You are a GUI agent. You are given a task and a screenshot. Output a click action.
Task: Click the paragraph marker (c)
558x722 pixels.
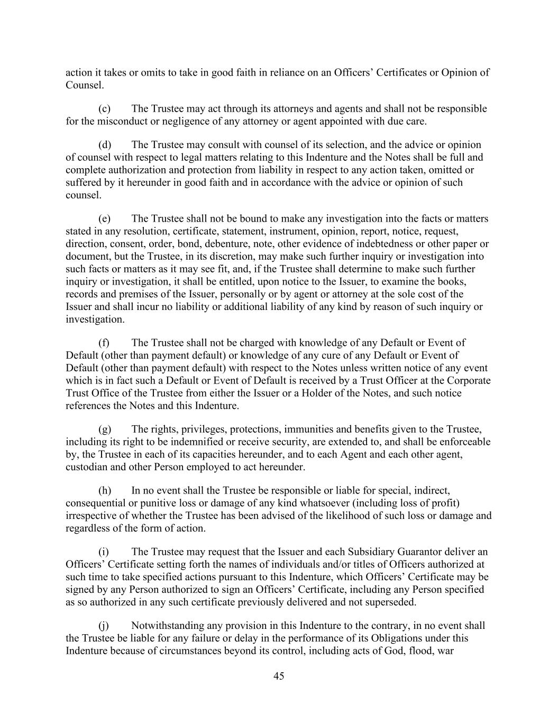(104, 109)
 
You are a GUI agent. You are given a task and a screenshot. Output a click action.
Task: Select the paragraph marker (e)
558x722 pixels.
(104, 219)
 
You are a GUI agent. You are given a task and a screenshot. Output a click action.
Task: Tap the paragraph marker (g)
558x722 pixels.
(104, 429)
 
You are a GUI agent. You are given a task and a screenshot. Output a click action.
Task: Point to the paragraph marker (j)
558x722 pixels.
(104, 626)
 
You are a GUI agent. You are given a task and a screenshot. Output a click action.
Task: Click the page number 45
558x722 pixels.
(279, 676)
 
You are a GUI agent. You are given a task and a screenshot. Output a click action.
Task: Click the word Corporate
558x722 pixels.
(469, 381)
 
